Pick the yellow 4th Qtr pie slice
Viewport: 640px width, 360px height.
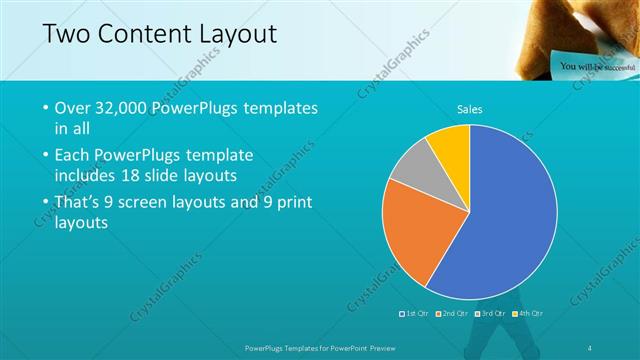[x=451, y=146]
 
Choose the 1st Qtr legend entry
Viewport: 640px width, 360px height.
[x=415, y=313]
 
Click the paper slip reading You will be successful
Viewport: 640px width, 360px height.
[x=594, y=66]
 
